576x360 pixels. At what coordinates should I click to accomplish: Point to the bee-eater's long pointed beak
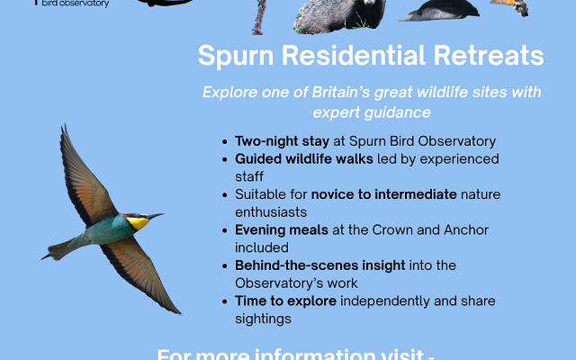click(156, 216)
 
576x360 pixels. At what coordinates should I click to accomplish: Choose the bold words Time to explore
click(285, 301)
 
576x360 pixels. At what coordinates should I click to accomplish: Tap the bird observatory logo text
click(76, 4)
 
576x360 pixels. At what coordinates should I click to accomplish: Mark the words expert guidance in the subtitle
click(372, 112)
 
